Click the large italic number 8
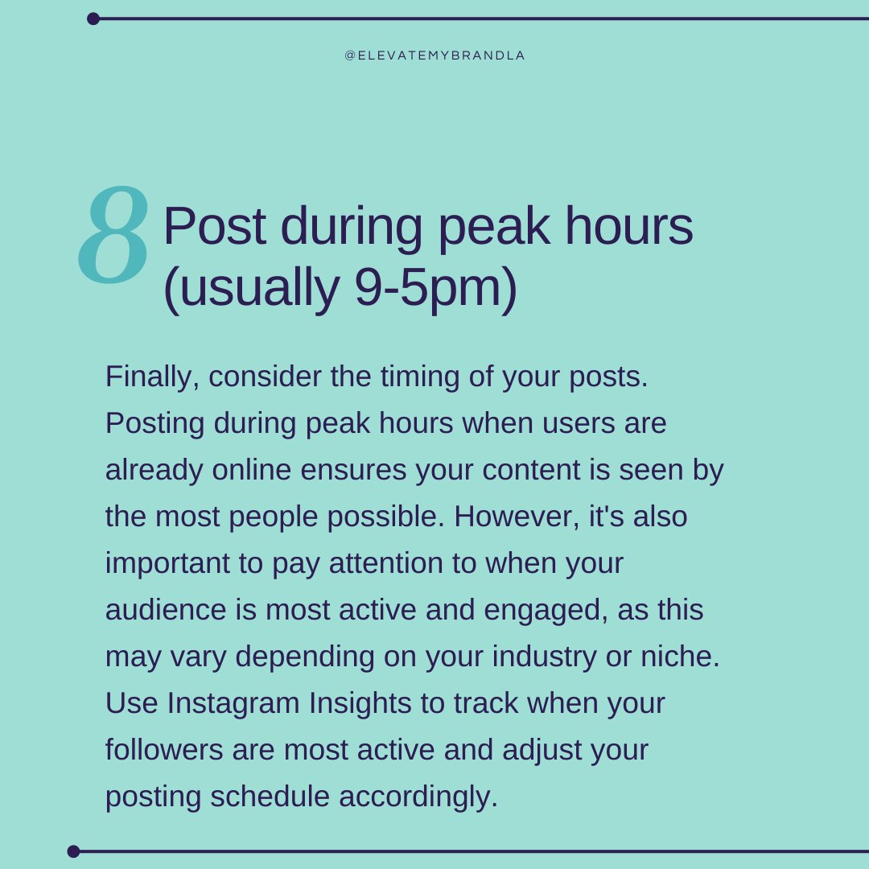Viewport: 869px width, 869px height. coord(114,235)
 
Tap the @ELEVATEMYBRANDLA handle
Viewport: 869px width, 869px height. coord(434,56)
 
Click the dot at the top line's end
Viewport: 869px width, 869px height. coord(93,19)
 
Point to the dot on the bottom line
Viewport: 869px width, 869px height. coord(74,850)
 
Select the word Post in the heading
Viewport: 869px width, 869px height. coord(214,227)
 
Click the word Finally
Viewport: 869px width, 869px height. coord(151,377)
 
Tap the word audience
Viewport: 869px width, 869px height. coord(166,610)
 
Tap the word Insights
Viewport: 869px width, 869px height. coord(360,703)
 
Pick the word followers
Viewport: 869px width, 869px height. coord(164,750)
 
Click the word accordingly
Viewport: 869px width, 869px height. coord(418,797)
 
